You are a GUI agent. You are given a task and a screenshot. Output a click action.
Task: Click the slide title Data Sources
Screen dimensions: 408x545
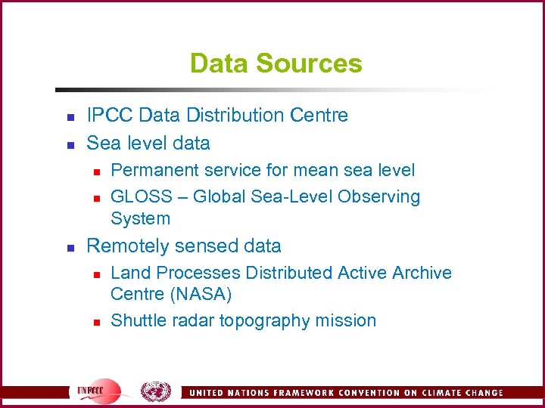click(276, 63)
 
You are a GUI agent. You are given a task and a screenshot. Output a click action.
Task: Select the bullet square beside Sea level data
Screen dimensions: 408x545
click(70, 144)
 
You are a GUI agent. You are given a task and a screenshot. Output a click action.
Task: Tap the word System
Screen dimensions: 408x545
click(140, 219)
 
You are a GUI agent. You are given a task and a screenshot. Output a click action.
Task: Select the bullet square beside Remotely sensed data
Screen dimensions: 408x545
click(70, 248)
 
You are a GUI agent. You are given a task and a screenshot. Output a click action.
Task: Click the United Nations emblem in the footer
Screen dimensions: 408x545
click(156, 391)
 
